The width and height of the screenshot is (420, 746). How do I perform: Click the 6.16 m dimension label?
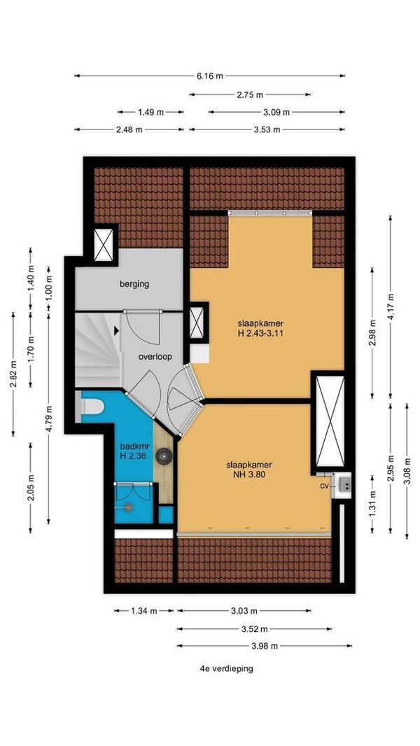209,76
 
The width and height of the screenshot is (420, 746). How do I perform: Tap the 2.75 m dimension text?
250,94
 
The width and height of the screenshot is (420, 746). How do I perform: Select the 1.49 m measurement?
150,112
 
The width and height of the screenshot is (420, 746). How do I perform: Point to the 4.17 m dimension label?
391,307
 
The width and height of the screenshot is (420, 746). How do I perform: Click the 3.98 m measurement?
265,646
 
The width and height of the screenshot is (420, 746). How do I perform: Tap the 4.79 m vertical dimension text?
49,417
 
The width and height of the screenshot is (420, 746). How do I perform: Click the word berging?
134,284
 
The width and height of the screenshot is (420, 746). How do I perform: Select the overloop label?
155,356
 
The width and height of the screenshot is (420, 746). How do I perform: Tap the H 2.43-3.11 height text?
260,333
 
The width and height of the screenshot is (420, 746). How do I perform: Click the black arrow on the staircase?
116,329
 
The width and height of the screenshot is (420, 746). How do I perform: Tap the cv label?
325,486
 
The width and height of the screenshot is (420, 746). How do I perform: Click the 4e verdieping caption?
226,668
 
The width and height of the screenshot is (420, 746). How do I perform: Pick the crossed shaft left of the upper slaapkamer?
197,323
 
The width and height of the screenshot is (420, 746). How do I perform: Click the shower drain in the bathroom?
128,507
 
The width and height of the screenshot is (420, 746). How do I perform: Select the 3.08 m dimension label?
407,470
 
